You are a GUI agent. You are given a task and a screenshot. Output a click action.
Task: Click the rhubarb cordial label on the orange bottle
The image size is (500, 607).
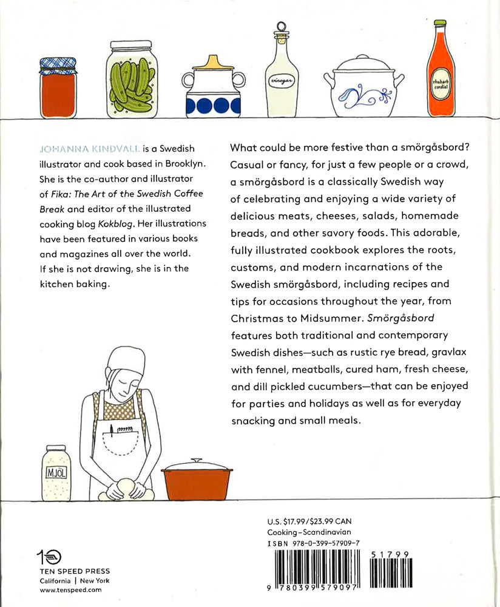pyautogui.click(x=439, y=83)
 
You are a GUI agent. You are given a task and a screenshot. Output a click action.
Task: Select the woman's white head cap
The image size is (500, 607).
pyautogui.click(x=127, y=361)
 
